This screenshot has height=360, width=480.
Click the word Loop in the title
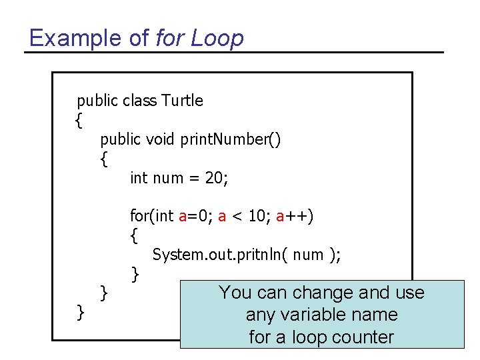[x=217, y=38]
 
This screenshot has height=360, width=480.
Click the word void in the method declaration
[x=159, y=139]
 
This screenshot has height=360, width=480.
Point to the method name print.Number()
[x=229, y=139]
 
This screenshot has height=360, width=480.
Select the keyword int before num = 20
[x=139, y=178]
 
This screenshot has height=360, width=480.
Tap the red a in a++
[x=281, y=216]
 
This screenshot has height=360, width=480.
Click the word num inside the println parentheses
[x=309, y=255]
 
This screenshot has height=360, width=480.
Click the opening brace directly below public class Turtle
[x=79, y=121]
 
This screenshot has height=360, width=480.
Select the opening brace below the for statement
[x=135, y=235]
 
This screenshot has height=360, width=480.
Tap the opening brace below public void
[x=103, y=159]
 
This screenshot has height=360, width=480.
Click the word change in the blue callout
[x=323, y=293]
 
